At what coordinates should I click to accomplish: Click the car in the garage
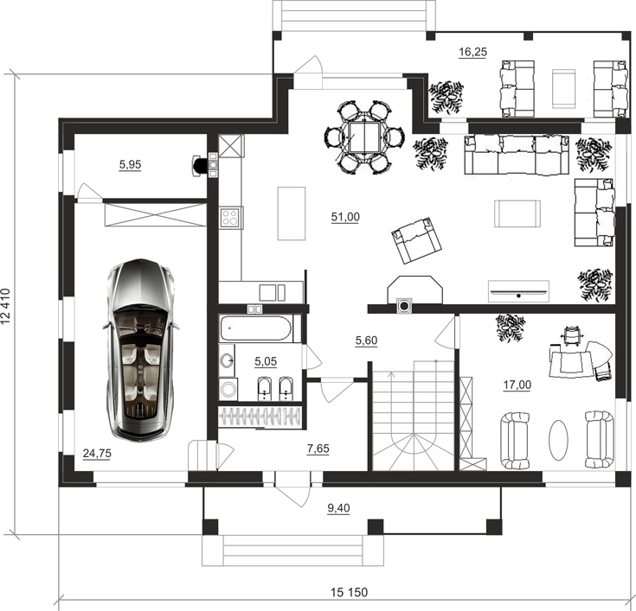[x=140, y=349]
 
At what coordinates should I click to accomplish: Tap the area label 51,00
[x=345, y=217]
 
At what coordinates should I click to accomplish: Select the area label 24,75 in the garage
[x=97, y=454]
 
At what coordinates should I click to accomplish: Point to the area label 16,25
[x=472, y=52]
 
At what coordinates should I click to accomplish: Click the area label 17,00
[x=517, y=385]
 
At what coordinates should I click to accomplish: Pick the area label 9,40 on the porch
[x=338, y=508]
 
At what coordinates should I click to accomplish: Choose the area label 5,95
[x=130, y=164]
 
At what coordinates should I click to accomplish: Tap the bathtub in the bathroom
[x=255, y=328]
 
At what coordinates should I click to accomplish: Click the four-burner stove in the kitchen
[x=230, y=217]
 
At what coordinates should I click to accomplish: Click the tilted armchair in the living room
[x=416, y=239]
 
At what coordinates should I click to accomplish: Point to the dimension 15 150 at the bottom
[x=349, y=592]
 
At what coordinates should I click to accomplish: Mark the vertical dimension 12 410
[x=6, y=306]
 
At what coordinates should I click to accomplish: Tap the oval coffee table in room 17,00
[x=558, y=440]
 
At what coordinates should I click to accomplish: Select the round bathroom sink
[x=227, y=360]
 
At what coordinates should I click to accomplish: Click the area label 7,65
[x=318, y=449]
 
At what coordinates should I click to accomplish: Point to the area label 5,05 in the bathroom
[x=266, y=361]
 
